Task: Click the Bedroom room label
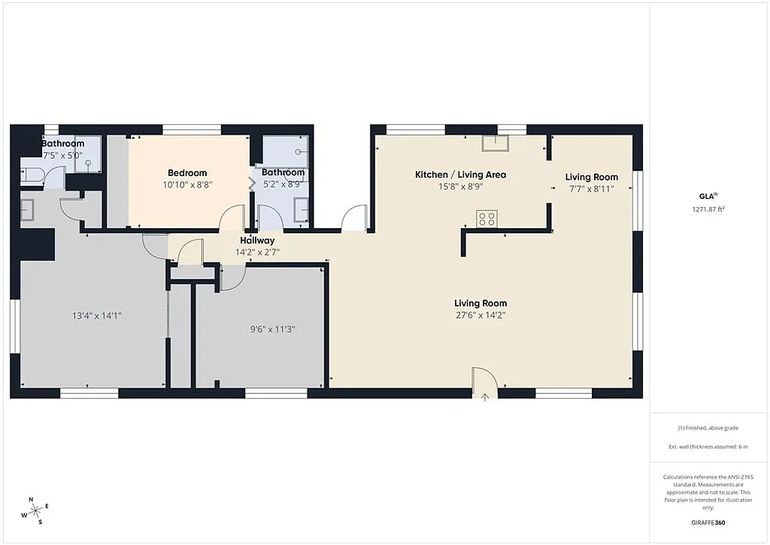point(187,173)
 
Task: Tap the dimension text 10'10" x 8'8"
point(187,184)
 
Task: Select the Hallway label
point(257,241)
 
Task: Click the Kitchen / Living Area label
point(460,175)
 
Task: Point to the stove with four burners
point(487,218)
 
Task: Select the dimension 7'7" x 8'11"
point(591,189)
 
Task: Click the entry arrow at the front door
point(485,397)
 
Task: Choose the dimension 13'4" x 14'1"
point(92,315)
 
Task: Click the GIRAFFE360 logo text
point(709,522)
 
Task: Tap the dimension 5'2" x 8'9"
point(283,184)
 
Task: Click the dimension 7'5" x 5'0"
point(62,155)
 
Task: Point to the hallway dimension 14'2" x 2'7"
point(257,252)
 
